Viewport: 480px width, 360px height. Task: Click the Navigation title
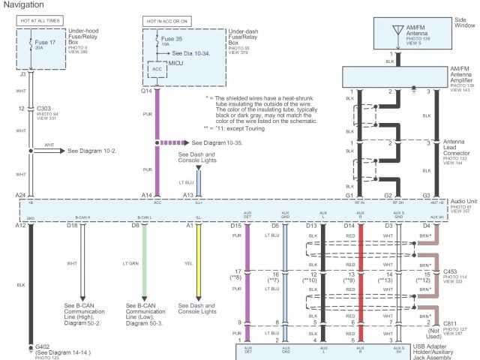click(x=24, y=5)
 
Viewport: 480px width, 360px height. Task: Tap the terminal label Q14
click(x=147, y=91)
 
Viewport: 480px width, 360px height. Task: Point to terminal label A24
click(x=20, y=195)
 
